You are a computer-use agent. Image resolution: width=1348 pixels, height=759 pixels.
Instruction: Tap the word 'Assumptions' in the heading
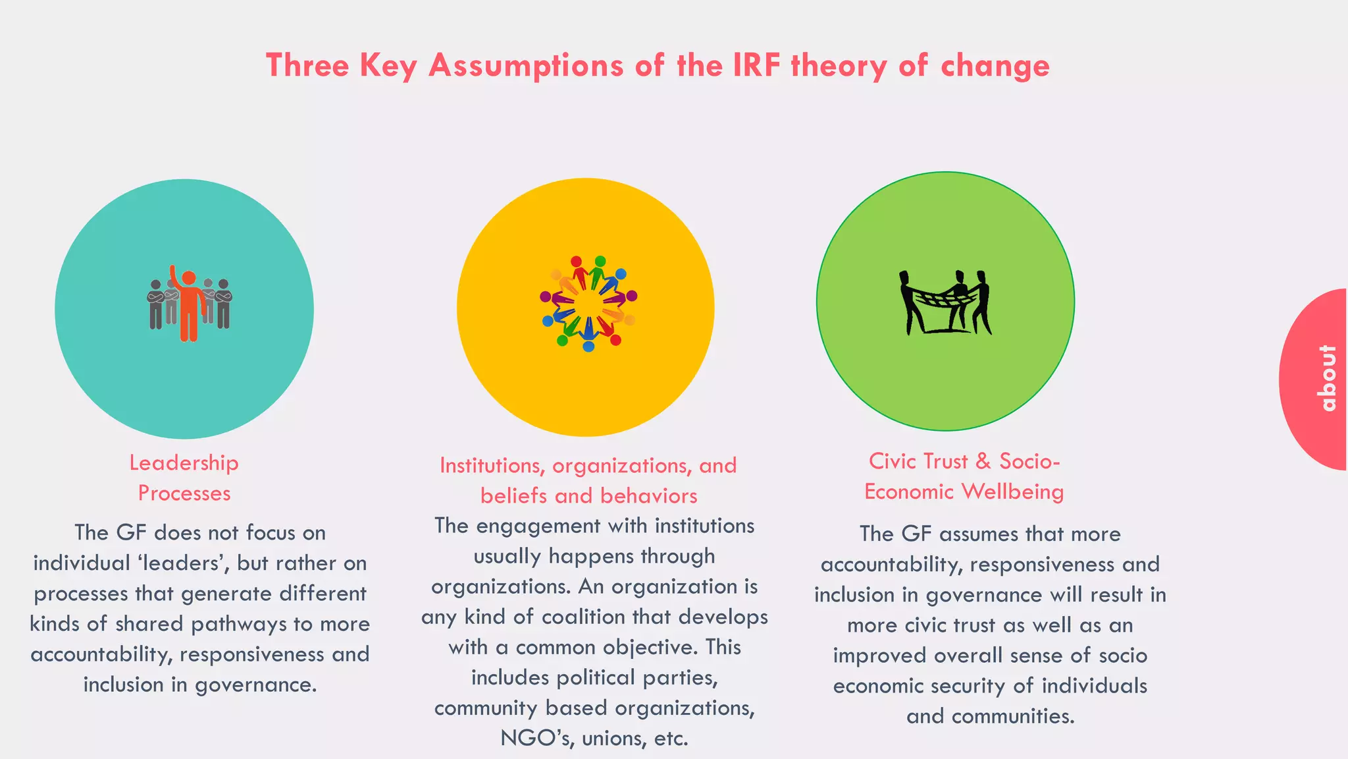[526, 67]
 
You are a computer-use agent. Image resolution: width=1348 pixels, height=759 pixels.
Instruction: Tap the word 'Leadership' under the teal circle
[184, 463]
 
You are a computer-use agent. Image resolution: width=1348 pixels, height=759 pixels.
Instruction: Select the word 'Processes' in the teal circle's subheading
[184, 493]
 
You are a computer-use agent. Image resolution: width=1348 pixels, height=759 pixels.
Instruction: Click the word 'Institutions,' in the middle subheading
[492, 466]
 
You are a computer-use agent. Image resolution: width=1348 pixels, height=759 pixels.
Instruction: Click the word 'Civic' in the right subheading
[893, 461]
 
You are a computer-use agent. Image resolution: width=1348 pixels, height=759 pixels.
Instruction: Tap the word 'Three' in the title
[307, 65]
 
